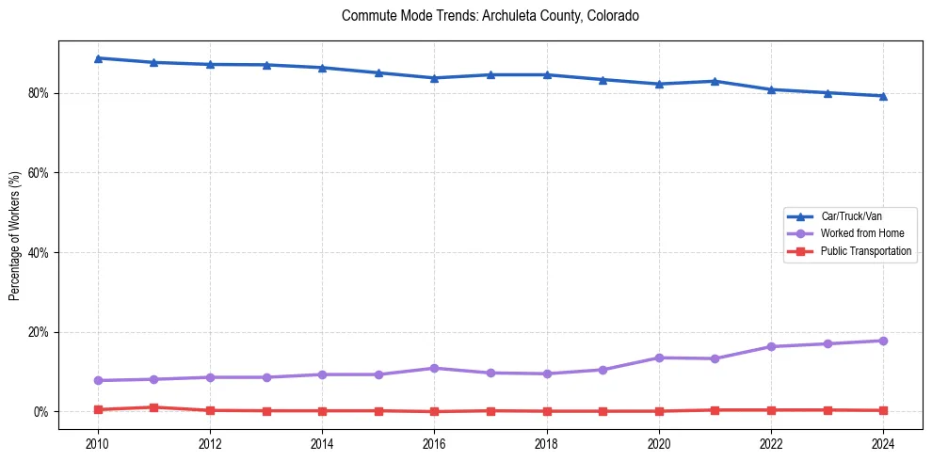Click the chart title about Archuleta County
click(490, 17)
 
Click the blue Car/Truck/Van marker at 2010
click(97, 58)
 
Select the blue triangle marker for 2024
click(883, 96)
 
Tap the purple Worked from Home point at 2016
click(434, 368)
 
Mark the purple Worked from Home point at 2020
click(659, 358)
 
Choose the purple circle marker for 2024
click(883, 341)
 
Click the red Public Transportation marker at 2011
click(153, 407)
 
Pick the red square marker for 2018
click(546, 411)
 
